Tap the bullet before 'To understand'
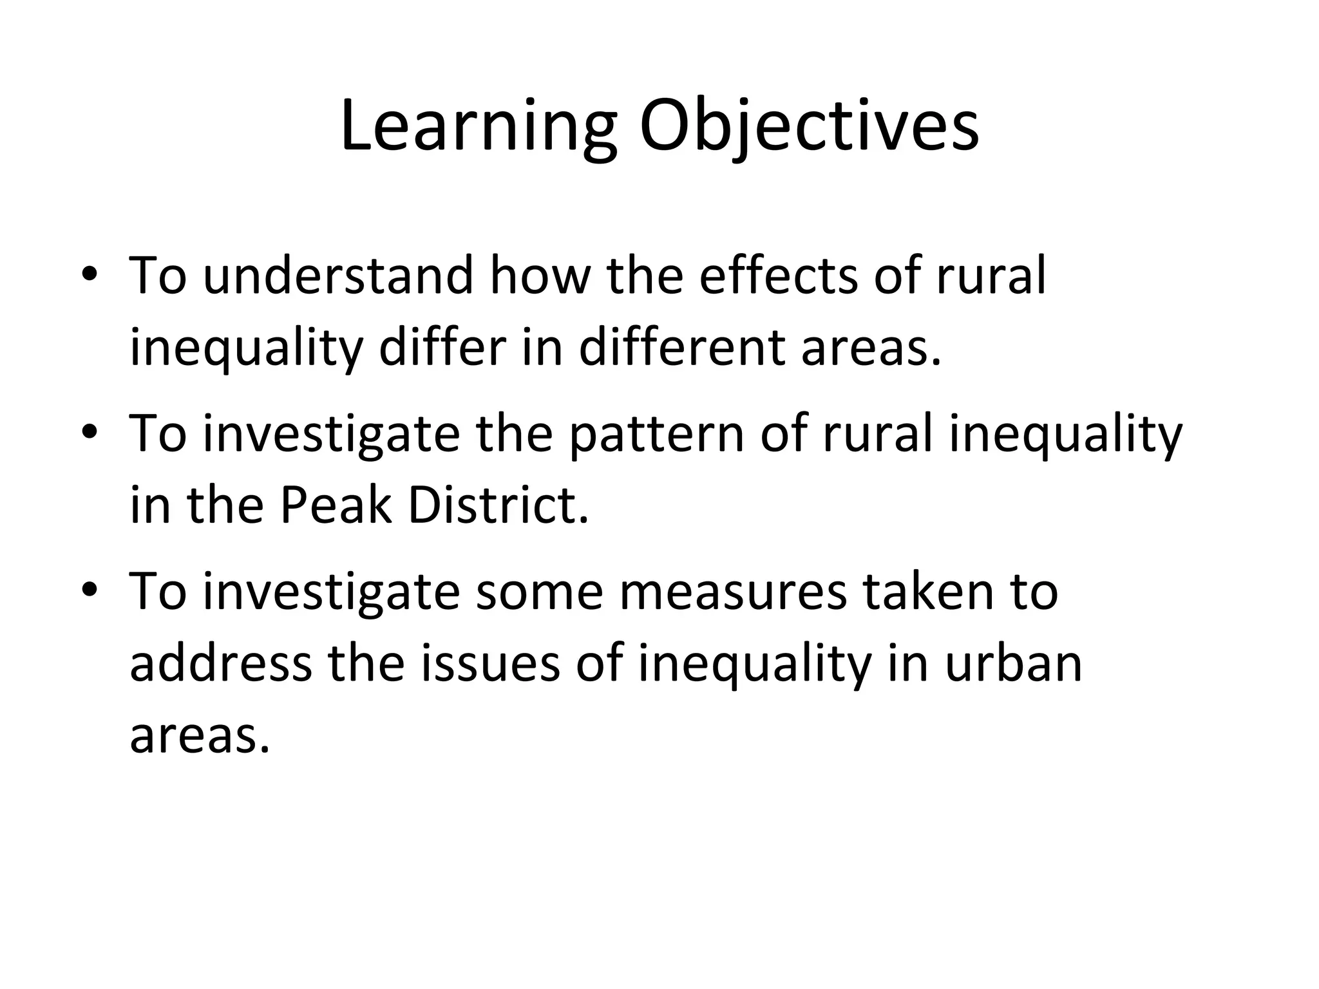coord(90,276)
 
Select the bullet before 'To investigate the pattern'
coord(90,433)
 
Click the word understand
coord(338,276)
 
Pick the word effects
coord(778,276)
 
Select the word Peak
coord(336,505)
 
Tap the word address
coord(221,663)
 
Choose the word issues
coord(490,663)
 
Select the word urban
coord(1013,663)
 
